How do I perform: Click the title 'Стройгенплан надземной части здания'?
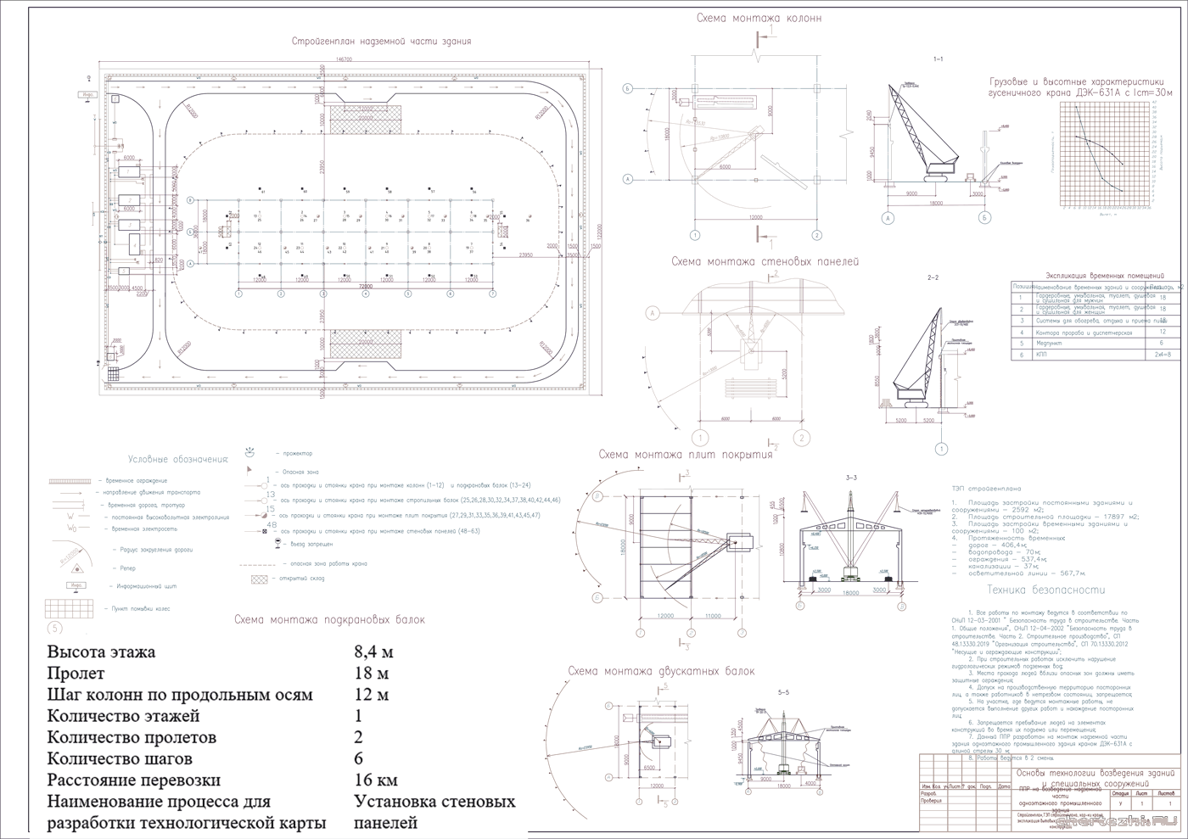pos(381,41)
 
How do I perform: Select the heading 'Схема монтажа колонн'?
pos(758,18)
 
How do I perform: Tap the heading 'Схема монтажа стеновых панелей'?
pos(765,262)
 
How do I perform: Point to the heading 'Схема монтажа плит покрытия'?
pos(685,455)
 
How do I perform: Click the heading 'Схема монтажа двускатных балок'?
pos(660,671)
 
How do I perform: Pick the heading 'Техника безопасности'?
pos(1046,590)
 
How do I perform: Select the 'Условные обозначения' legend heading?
pos(178,459)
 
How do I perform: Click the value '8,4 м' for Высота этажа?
pos(373,652)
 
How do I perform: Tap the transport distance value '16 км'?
pos(375,780)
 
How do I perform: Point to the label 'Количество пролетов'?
pos(132,737)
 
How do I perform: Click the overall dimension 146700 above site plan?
pos(344,59)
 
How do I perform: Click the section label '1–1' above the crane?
pos(938,59)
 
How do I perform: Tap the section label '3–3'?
pos(851,478)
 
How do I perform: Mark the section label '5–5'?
pos(783,693)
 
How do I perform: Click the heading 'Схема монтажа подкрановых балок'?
pos(329,620)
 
